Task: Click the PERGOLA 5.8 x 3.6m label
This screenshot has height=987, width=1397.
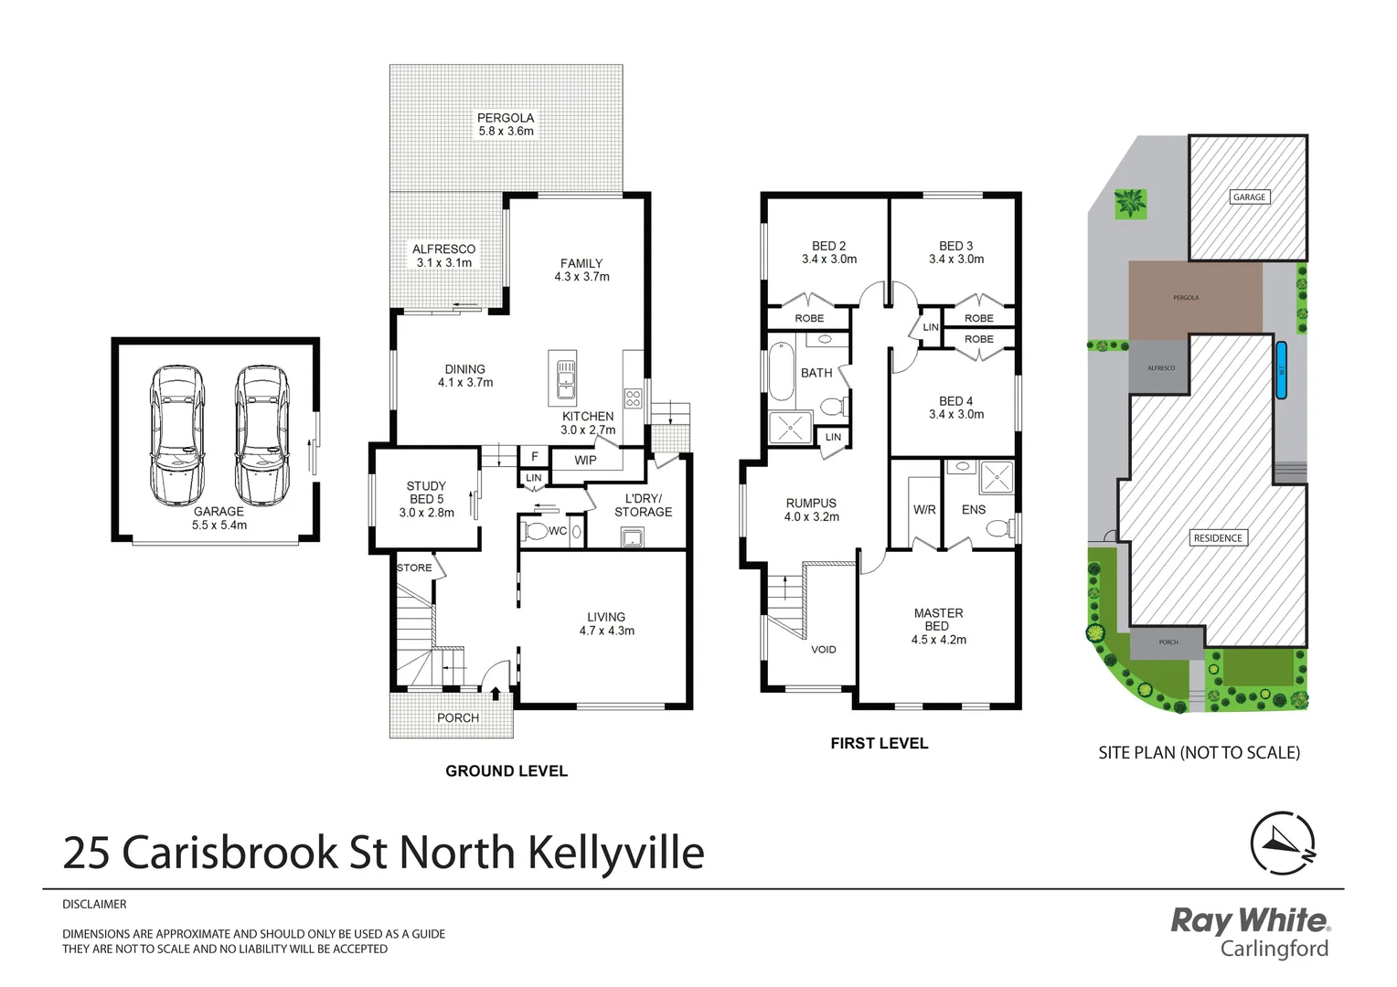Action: (x=506, y=124)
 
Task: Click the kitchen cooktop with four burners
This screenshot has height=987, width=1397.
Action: (x=633, y=398)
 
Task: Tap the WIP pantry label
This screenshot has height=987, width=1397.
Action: (x=585, y=461)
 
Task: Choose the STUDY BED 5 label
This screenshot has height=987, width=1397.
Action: (x=426, y=499)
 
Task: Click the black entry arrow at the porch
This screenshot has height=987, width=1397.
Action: (x=496, y=695)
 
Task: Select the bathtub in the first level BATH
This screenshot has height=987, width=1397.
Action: (x=780, y=372)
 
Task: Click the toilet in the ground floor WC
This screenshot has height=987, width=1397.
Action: (x=538, y=531)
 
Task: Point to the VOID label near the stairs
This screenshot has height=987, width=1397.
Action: (x=823, y=650)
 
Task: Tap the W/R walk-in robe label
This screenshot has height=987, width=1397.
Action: (x=924, y=510)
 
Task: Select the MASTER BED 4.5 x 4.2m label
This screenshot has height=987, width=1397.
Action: (x=938, y=626)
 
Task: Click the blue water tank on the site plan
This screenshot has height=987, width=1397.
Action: (x=1281, y=370)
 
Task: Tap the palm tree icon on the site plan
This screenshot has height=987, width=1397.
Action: (x=1130, y=203)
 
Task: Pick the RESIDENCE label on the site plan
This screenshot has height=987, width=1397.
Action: (x=1218, y=538)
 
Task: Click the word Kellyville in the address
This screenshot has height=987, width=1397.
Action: (x=616, y=853)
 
